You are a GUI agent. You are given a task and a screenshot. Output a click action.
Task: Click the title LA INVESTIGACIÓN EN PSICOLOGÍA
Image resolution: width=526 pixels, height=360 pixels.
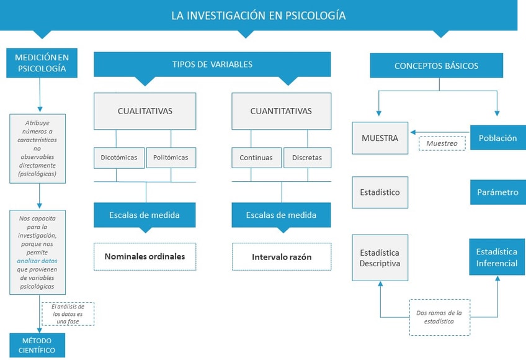[258, 16]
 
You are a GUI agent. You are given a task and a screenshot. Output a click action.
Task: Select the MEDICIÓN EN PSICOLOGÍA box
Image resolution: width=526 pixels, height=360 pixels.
[42, 63]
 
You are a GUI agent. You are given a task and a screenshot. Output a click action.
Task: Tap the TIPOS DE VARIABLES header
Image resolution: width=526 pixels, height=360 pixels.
[212, 64]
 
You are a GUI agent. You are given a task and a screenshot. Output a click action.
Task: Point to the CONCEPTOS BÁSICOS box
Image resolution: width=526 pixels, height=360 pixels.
[437, 66]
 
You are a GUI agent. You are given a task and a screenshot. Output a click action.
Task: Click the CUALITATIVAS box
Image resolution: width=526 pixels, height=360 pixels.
[145, 111]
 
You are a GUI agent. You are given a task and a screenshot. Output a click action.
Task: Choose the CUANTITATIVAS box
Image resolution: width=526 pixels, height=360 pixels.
[281, 111]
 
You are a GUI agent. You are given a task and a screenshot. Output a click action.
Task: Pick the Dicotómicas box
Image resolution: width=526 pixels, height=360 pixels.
[119, 158]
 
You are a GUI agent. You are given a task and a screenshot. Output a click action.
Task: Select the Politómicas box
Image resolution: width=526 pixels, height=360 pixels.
[171, 158]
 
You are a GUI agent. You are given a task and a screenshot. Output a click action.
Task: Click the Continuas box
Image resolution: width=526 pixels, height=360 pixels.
[256, 158]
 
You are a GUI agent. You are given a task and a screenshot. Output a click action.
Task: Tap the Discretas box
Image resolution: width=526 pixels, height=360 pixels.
[307, 158]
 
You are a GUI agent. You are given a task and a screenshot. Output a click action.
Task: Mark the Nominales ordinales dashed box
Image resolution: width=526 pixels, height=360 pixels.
[145, 256]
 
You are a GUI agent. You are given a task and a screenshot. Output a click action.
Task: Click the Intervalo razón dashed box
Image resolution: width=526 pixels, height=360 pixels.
[282, 257]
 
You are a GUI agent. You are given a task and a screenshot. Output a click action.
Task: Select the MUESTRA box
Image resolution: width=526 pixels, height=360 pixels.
[380, 138]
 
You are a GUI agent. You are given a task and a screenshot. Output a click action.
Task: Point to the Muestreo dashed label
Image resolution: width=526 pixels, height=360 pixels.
[442, 143]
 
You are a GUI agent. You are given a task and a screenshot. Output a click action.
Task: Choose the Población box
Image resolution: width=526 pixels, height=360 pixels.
[498, 138]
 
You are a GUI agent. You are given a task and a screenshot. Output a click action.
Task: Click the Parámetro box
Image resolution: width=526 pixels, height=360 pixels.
[498, 192]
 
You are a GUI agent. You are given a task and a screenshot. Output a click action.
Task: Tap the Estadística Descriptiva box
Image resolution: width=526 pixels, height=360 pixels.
[380, 258]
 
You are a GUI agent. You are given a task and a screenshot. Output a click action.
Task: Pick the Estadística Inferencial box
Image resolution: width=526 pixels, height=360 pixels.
[497, 257]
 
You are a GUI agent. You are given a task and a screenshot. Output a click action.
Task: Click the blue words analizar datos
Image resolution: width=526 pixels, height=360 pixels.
[37, 261]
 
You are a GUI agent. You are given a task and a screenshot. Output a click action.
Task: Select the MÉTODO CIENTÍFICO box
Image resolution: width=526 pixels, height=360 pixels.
[37, 345]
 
